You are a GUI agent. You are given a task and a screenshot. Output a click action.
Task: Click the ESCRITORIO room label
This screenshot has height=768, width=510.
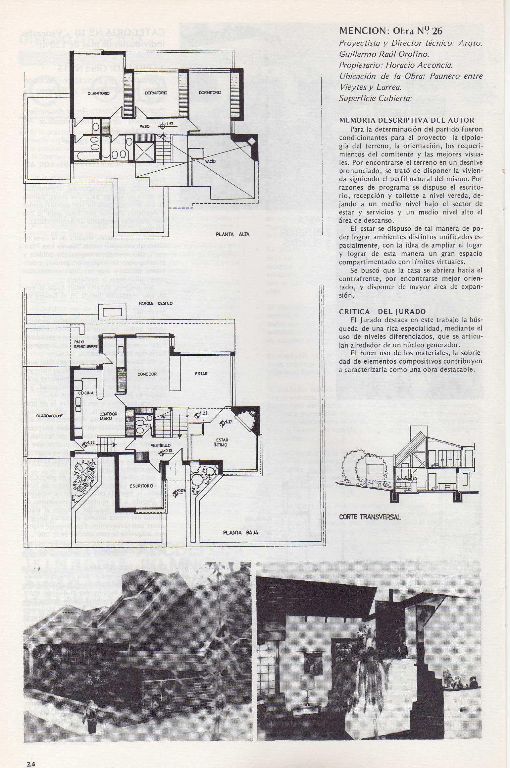(141, 486)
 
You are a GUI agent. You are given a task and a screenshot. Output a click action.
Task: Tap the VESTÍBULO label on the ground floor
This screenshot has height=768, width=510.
(161, 445)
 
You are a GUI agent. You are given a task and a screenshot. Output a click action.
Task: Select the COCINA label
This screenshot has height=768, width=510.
(86, 393)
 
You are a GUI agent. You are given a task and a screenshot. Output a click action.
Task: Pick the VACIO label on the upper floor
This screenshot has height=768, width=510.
(210, 161)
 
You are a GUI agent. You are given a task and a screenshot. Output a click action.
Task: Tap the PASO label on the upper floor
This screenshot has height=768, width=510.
(144, 126)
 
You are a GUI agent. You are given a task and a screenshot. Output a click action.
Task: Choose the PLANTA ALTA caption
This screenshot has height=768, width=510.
(232, 234)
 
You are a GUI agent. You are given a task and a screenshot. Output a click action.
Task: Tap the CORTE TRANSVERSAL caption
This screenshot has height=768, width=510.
(370, 517)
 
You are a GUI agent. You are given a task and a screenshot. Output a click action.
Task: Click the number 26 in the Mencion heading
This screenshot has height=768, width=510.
(437, 31)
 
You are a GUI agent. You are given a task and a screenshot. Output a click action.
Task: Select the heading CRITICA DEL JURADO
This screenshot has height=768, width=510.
(382, 312)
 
